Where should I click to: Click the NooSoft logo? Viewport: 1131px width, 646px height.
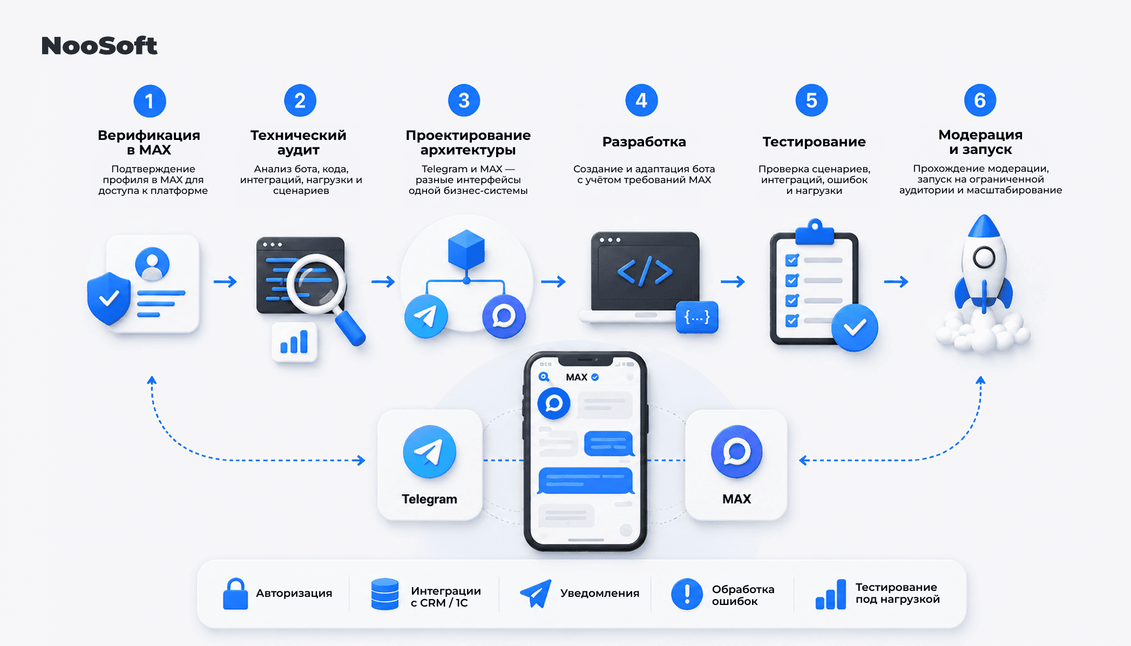click(x=99, y=46)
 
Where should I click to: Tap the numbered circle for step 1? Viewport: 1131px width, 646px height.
click(x=150, y=101)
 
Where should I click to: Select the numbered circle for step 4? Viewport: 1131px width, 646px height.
click(x=641, y=100)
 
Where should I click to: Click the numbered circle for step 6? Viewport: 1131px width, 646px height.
click(x=980, y=100)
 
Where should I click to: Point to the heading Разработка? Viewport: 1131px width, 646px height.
click(x=644, y=142)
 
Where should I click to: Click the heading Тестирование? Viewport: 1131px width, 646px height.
click(x=814, y=142)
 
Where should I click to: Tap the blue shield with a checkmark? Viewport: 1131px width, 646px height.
click(x=109, y=298)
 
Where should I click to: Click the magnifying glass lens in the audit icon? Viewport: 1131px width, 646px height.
click(x=316, y=283)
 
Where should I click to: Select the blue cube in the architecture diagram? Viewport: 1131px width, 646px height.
click(x=466, y=249)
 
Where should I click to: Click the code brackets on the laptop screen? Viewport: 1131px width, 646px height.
click(x=645, y=271)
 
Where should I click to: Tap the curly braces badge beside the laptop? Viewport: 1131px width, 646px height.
click(x=697, y=317)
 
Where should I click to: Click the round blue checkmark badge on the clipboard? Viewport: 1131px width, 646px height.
click(x=855, y=328)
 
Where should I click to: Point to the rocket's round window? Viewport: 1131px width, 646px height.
click(x=984, y=258)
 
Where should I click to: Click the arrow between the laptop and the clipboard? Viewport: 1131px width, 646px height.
click(x=733, y=281)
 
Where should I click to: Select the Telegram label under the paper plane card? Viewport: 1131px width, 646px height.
click(x=429, y=499)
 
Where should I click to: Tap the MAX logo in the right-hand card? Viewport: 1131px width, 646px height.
click(x=737, y=452)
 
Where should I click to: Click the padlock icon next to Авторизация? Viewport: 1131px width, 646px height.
click(x=235, y=594)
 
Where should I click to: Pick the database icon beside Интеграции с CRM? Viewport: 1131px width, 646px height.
click(x=385, y=594)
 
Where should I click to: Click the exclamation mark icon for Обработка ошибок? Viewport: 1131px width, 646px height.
click(x=687, y=594)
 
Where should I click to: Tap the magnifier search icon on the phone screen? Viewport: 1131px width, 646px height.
click(x=544, y=377)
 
